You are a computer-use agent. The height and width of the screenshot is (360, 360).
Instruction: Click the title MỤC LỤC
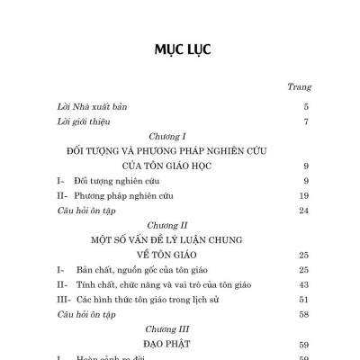point(179,49)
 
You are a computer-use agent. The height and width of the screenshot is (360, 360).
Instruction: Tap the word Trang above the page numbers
point(298,87)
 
